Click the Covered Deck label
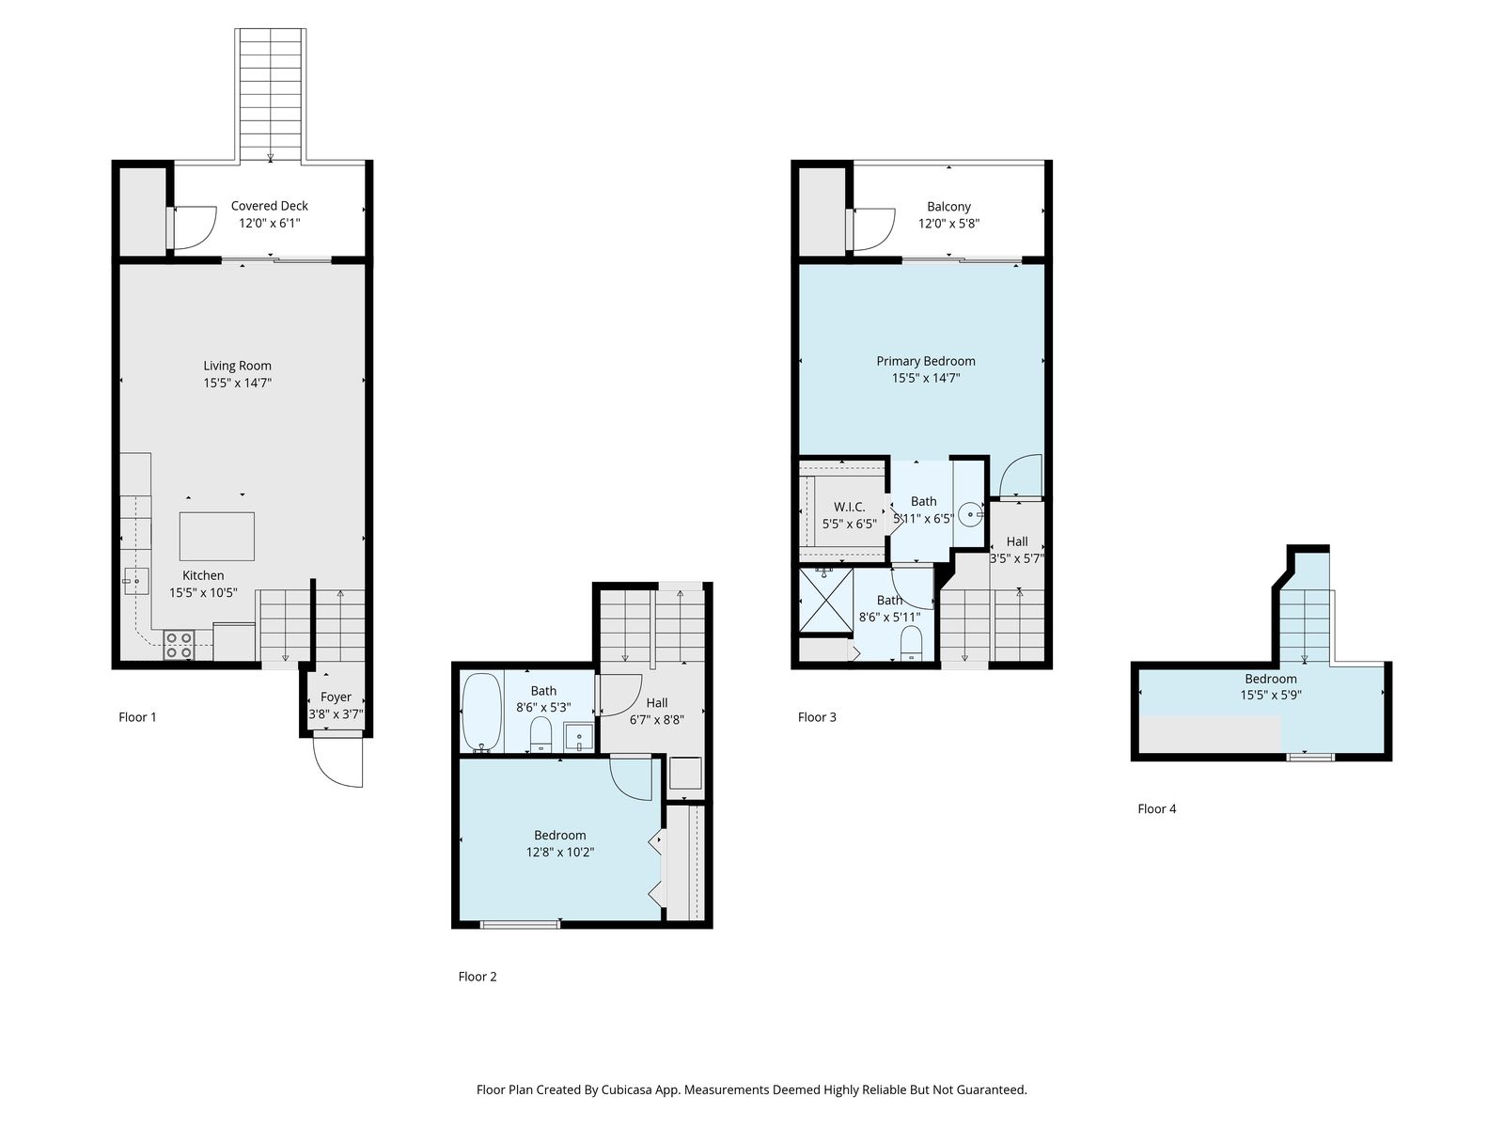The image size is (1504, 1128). pos(269,206)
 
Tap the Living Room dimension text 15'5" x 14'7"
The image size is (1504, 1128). pos(237,383)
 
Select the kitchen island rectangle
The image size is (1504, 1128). pos(216,536)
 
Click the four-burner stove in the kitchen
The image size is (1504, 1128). pos(179,645)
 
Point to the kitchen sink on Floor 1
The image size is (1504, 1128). pos(135,582)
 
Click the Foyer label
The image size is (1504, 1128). pos(336,697)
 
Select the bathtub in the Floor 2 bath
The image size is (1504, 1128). pos(481,713)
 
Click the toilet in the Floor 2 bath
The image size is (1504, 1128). pos(541,733)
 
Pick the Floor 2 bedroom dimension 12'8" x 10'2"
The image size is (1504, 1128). pos(560,852)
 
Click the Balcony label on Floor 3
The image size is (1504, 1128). pos(948,206)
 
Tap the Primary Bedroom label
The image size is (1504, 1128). pos(926,361)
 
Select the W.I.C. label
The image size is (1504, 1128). pos(849,507)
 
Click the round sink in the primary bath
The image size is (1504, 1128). pos(969,514)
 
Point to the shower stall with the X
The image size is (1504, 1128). pos(826,600)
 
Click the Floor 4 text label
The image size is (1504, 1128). pos(1156,808)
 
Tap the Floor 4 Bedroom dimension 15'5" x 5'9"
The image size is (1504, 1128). pos(1271,696)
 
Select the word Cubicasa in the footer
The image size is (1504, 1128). pos(627,1089)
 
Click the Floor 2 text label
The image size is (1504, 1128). pos(478,977)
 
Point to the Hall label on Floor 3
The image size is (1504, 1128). pos(1017,541)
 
